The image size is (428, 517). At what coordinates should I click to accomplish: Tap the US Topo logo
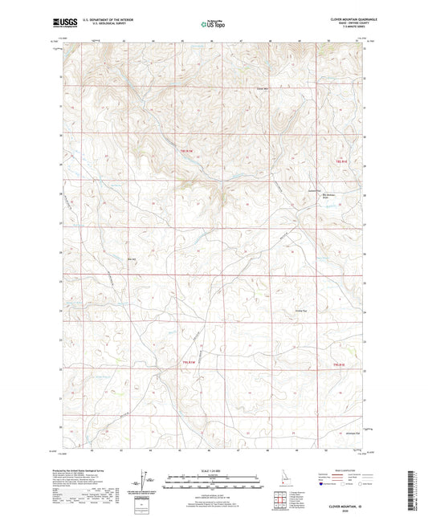click(213, 25)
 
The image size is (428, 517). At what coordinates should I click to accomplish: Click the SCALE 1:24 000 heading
click(213, 471)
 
